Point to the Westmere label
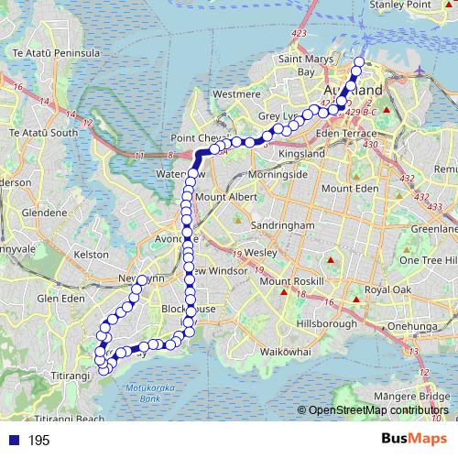tap(237, 93)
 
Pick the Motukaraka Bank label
tap(149, 394)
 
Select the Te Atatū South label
tap(43, 133)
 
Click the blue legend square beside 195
tap(11, 441)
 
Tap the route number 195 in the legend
tap(38, 441)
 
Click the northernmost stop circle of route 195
tap(358, 62)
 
